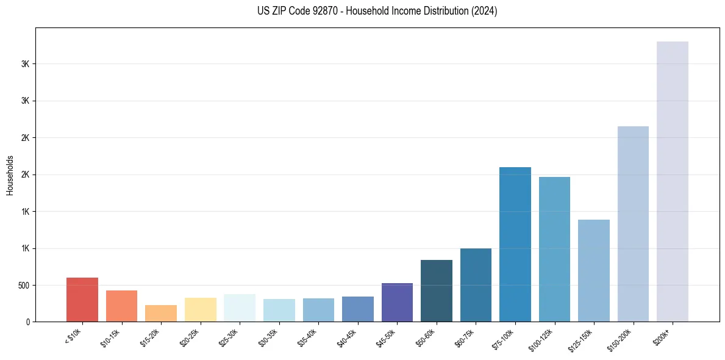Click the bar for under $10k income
pyautogui.click(x=82, y=300)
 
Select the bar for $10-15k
pyautogui.click(x=121, y=306)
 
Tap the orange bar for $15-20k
pyautogui.click(x=161, y=313)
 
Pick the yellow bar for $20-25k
pyautogui.click(x=200, y=309)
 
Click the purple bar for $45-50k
pyautogui.click(x=397, y=302)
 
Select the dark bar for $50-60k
pyautogui.click(x=437, y=290)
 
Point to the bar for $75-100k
pyautogui.click(x=515, y=244)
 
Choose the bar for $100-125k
pyautogui.click(x=554, y=249)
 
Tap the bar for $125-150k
pyautogui.click(x=594, y=270)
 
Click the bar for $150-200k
pyautogui.click(x=633, y=224)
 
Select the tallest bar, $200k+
pyautogui.click(x=673, y=181)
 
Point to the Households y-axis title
pyautogui.click(x=10, y=175)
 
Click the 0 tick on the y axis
pyautogui.click(x=27, y=322)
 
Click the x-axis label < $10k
pyautogui.click(x=73, y=337)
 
